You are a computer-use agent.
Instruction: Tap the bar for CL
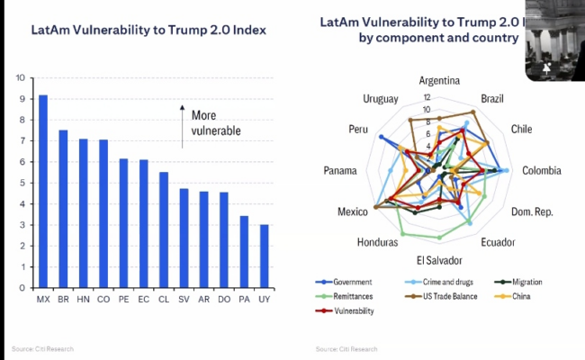pyautogui.click(x=164, y=230)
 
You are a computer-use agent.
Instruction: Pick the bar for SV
pyautogui.click(x=184, y=238)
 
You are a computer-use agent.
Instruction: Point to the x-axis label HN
pyautogui.click(x=83, y=299)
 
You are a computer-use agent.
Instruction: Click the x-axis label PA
pyautogui.click(x=244, y=299)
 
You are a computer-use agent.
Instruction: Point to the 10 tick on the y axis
pyautogui.click(x=21, y=77)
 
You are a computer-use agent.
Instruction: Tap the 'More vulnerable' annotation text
pyautogui.click(x=216, y=122)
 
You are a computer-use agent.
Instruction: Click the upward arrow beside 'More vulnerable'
pyautogui.click(x=182, y=127)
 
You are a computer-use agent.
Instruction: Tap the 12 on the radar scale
pyautogui.click(x=427, y=97)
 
